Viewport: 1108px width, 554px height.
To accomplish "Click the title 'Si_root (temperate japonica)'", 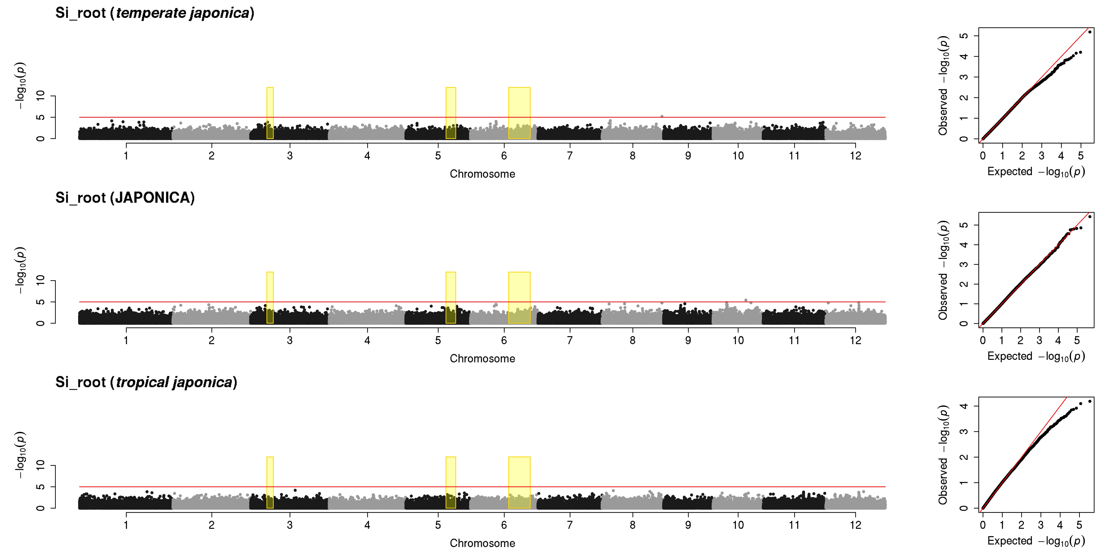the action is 155,13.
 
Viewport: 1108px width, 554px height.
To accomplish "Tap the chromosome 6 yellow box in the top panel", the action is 519,113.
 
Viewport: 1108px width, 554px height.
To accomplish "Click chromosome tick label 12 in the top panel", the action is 855,156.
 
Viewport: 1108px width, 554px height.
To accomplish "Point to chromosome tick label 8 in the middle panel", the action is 632,340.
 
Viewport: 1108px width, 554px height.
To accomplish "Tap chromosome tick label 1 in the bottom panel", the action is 126,525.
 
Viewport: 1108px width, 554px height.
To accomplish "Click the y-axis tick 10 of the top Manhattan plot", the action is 40,95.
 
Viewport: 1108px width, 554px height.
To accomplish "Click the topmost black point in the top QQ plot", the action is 1090,32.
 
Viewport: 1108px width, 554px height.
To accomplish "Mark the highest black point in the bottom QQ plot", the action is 1090,401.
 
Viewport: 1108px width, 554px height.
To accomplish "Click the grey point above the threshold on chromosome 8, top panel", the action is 662,116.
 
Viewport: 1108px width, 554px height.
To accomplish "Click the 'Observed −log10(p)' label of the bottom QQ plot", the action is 943,455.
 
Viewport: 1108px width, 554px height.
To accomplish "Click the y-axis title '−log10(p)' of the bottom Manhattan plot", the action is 20,455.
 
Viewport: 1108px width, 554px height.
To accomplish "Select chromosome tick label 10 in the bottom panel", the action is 738,525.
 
